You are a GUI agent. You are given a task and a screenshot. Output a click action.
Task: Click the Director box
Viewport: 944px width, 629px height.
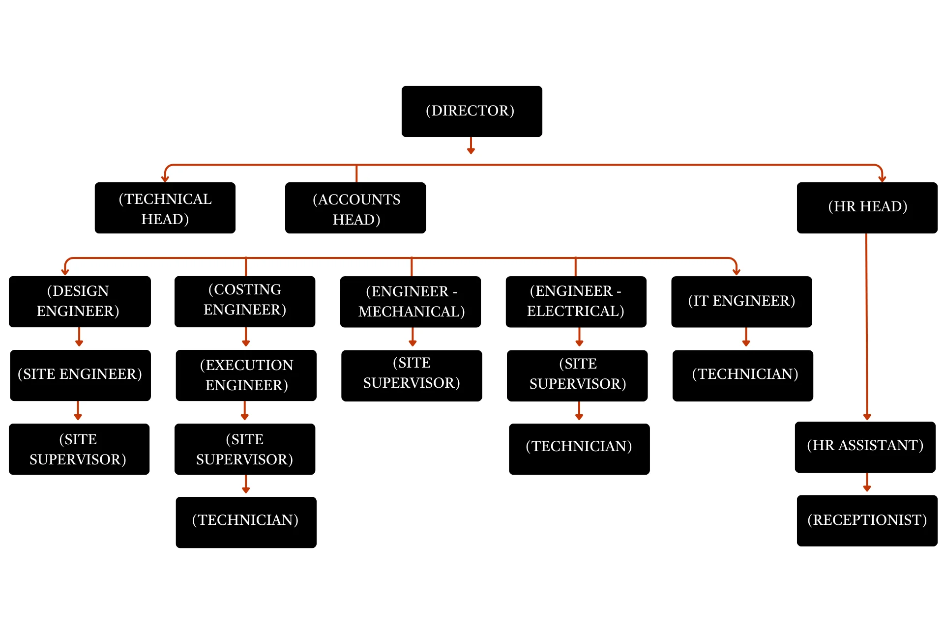[x=472, y=111]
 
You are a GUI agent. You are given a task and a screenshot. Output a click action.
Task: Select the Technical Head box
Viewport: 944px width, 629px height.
[x=165, y=208]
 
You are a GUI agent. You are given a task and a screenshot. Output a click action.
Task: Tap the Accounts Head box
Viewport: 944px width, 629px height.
[x=355, y=208]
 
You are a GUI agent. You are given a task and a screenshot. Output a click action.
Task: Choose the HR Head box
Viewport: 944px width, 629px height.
[x=867, y=207]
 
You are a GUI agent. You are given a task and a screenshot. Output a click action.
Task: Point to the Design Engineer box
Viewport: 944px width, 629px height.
[x=80, y=301]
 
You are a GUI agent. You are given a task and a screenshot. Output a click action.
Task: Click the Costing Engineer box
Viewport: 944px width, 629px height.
[x=245, y=301]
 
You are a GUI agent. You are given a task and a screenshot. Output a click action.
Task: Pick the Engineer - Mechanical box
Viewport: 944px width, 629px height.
[x=411, y=301]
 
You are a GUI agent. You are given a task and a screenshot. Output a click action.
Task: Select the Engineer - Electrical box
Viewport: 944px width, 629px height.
[x=576, y=301]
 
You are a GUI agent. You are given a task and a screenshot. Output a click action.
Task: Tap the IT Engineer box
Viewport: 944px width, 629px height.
[x=741, y=301]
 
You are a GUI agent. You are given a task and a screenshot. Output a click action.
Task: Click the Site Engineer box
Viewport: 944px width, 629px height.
[x=80, y=375]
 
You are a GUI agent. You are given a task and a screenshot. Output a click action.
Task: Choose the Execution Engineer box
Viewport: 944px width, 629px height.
[x=246, y=375]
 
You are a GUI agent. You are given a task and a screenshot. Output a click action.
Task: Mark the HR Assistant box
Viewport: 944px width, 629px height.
[x=865, y=447]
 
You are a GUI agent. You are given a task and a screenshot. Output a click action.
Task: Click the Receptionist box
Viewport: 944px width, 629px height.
[x=867, y=520]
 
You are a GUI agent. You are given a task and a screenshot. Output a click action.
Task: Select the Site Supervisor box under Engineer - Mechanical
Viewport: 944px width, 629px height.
[x=412, y=375]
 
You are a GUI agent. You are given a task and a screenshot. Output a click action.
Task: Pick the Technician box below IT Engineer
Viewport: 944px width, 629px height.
[x=742, y=375]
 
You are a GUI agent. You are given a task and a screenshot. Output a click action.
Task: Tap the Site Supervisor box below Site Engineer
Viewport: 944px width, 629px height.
[x=79, y=449]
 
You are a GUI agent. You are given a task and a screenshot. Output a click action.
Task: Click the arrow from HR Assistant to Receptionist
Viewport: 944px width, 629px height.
[x=867, y=483]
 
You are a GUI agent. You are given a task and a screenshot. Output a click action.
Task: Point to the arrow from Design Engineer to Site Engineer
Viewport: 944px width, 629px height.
[x=79, y=338]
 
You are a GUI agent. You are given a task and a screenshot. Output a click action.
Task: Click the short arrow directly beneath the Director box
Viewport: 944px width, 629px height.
[x=471, y=145]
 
